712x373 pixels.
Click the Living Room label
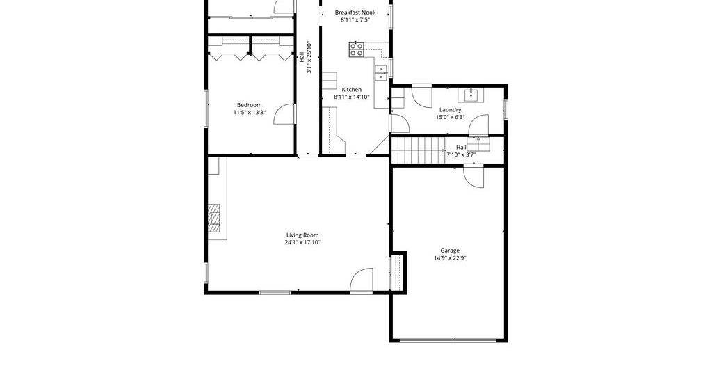(x=302, y=235)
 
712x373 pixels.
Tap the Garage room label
(x=450, y=251)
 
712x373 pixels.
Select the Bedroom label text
(x=250, y=105)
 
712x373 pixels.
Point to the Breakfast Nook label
(x=355, y=13)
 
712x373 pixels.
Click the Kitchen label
(x=351, y=90)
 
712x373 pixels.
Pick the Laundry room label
(x=450, y=109)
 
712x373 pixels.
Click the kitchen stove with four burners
(x=357, y=49)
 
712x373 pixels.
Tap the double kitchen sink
(x=380, y=73)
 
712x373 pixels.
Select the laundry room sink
(x=471, y=95)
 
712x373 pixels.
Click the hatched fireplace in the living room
(x=214, y=218)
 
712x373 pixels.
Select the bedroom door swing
(x=284, y=114)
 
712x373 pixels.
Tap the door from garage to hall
(x=474, y=176)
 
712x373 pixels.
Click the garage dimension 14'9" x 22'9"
(x=450, y=258)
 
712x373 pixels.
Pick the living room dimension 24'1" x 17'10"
(x=302, y=243)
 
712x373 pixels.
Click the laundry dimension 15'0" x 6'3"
(x=451, y=117)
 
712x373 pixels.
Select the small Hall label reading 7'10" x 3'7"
(x=461, y=151)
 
